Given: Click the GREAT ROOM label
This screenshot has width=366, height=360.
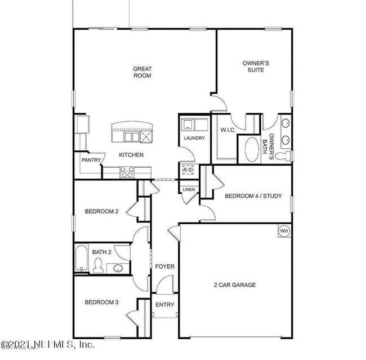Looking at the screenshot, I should (142, 72).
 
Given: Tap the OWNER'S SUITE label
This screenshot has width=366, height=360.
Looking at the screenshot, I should (255, 67).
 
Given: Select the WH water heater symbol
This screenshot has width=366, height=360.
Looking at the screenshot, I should (284, 231).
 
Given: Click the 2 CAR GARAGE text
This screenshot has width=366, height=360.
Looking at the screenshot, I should (234, 285).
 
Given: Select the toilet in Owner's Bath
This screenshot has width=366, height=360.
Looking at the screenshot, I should (285, 155).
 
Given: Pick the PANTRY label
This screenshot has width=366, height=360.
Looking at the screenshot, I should (91, 160).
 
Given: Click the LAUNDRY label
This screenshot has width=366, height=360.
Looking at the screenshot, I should (194, 138).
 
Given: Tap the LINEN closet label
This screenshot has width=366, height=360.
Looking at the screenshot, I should (189, 189).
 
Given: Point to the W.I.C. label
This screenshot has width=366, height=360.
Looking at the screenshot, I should (227, 130).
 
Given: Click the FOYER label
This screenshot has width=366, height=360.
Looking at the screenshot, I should (165, 266).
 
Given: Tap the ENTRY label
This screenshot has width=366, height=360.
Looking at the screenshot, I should (165, 305).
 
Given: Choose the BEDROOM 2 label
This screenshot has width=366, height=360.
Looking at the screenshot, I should (101, 212).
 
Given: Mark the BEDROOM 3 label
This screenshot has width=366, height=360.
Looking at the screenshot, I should (101, 303).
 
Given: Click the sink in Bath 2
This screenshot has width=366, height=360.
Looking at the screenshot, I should (117, 268).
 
